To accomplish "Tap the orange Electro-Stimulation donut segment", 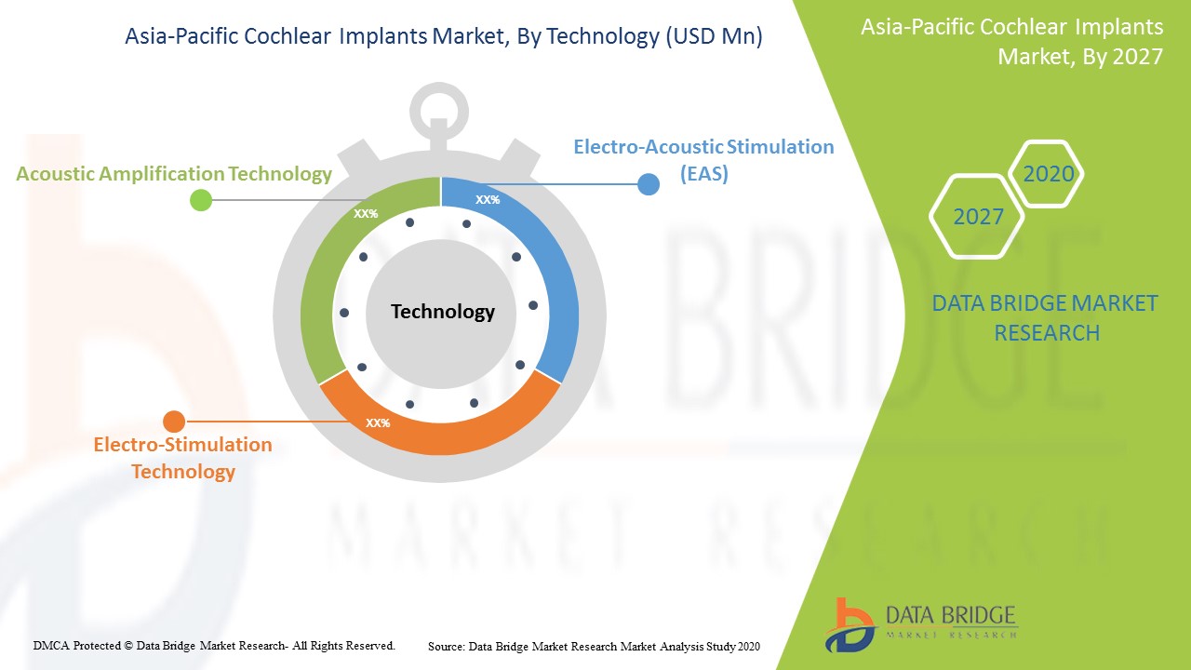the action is [x=440, y=432].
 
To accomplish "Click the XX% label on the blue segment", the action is [x=488, y=200].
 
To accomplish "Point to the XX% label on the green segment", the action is [x=366, y=214].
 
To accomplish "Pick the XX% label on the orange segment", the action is [x=378, y=422].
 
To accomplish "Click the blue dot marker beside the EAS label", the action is [x=649, y=184].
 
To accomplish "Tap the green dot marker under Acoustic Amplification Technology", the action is [x=201, y=200].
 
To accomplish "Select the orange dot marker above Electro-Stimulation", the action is [x=174, y=422].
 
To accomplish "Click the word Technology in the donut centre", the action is [x=443, y=311].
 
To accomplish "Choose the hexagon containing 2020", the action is [x=1046, y=173].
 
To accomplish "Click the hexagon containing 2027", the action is [x=977, y=217].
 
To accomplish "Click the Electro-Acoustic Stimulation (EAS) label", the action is [x=704, y=159].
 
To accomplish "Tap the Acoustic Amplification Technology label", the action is [x=174, y=174].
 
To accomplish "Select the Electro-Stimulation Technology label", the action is [x=183, y=458].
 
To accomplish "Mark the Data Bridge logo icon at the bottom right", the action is [x=850, y=624].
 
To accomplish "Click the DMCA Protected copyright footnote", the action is [x=214, y=646].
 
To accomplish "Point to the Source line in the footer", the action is [x=594, y=646].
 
